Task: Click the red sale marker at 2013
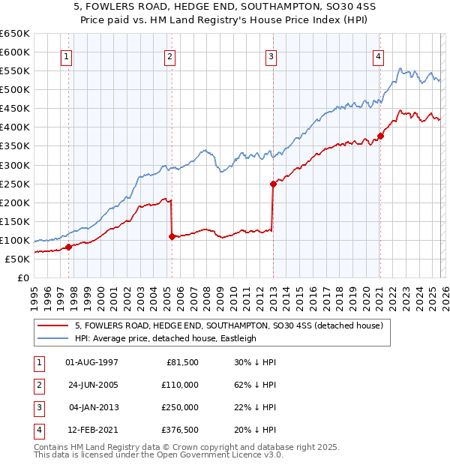click(273, 184)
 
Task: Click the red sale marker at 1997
click(68, 247)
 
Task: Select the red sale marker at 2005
click(172, 236)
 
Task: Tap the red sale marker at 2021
click(380, 136)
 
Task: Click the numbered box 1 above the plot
click(67, 56)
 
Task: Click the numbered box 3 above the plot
click(271, 56)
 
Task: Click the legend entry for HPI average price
click(165, 338)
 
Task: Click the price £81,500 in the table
click(181, 362)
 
